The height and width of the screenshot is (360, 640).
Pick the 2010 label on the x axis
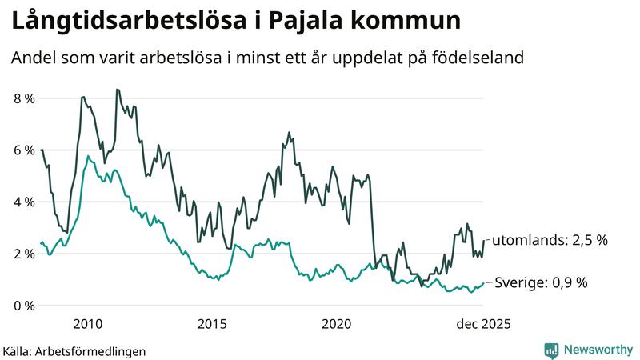pyautogui.click(x=87, y=324)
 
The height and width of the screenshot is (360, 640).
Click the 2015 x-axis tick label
pyautogui.click(x=212, y=324)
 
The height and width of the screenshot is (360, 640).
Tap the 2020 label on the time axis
pyautogui.click(x=337, y=324)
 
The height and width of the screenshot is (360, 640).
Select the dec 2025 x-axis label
pyautogui.click(x=482, y=324)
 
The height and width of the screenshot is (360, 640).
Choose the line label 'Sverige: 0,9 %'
pyautogui.click(x=541, y=282)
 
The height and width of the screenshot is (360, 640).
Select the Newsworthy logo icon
pyautogui.click(x=551, y=350)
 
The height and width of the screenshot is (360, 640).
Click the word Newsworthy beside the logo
pyautogui.click(x=597, y=350)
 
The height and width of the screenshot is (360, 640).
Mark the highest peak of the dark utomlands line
pyautogui.click(x=117, y=90)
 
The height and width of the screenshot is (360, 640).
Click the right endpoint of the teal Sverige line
pyautogui.click(x=483, y=282)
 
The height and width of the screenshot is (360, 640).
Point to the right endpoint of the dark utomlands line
pyautogui.click(x=483, y=241)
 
